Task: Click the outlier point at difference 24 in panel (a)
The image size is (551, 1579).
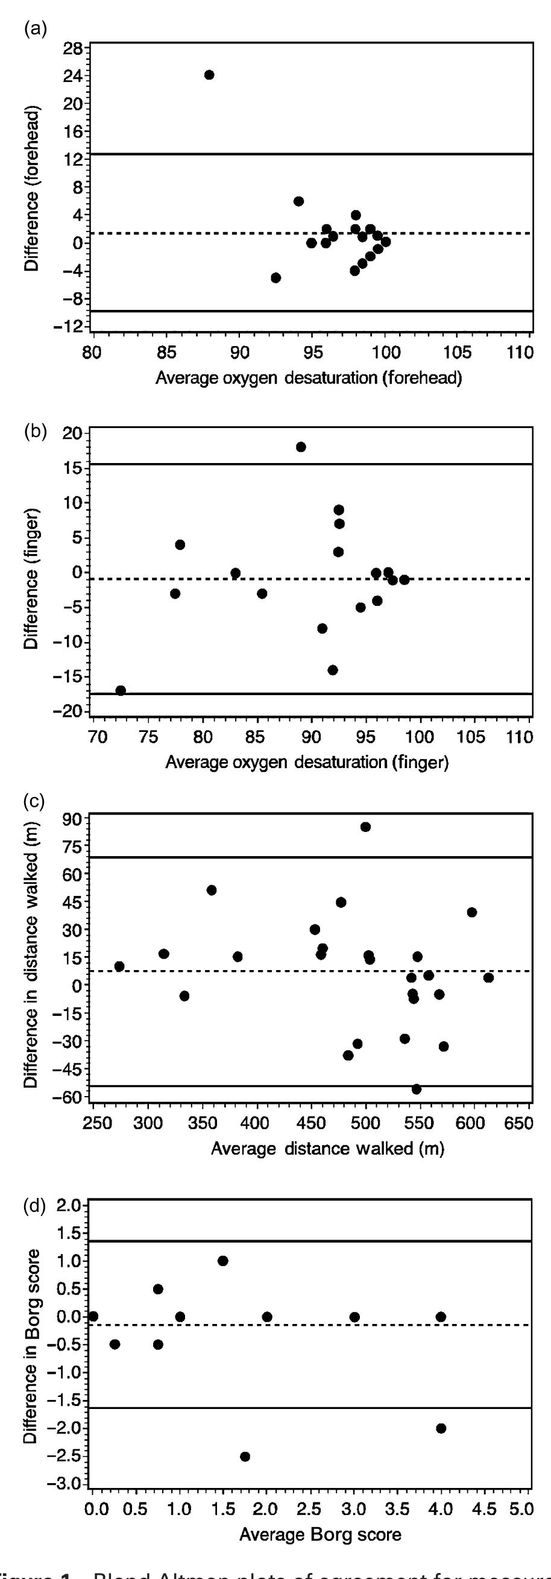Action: click(x=209, y=75)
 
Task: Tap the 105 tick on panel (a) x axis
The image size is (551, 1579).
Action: click(x=458, y=353)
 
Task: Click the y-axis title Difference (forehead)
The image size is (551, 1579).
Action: click(x=32, y=189)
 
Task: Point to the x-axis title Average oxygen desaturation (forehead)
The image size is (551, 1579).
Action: click(x=308, y=377)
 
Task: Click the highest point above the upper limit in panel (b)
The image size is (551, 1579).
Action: click(x=301, y=447)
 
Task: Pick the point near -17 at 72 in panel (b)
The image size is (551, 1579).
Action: click(x=121, y=690)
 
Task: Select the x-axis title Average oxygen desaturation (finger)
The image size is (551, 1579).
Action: click(x=307, y=763)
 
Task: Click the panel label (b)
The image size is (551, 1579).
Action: click(x=36, y=431)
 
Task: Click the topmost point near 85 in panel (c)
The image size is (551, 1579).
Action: click(x=365, y=827)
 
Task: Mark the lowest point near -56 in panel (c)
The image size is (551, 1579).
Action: click(x=416, y=1089)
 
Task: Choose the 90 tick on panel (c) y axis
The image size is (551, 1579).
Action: click(x=73, y=819)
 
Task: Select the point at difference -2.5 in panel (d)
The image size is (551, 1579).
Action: click(x=245, y=1457)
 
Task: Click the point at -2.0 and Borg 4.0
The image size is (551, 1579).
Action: click(x=441, y=1428)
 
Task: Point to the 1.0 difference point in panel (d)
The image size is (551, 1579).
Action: click(x=223, y=1261)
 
